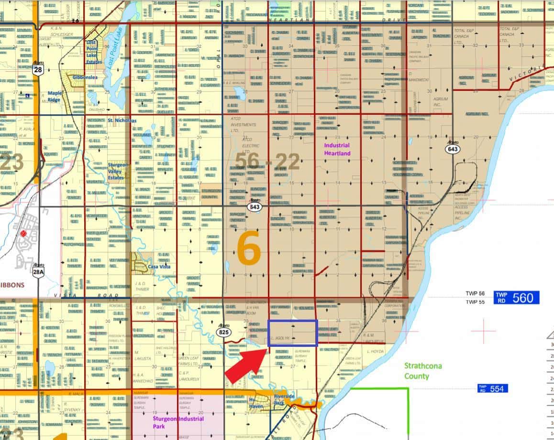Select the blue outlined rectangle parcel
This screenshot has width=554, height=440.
pyautogui.click(x=292, y=333)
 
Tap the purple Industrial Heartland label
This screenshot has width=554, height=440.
pyautogui.click(x=337, y=149)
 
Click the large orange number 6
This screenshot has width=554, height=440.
pyautogui.click(x=249, y=249)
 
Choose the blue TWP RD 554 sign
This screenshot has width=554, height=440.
pyautogui.click(x=492, y=388)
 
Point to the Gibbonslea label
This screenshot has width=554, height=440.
pyautogui.click(x=86, y=77)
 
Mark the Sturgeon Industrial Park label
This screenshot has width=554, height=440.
pyautogui.click(x=177, y=422)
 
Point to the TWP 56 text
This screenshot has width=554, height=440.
pyautogui.click(x=475, y=294)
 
